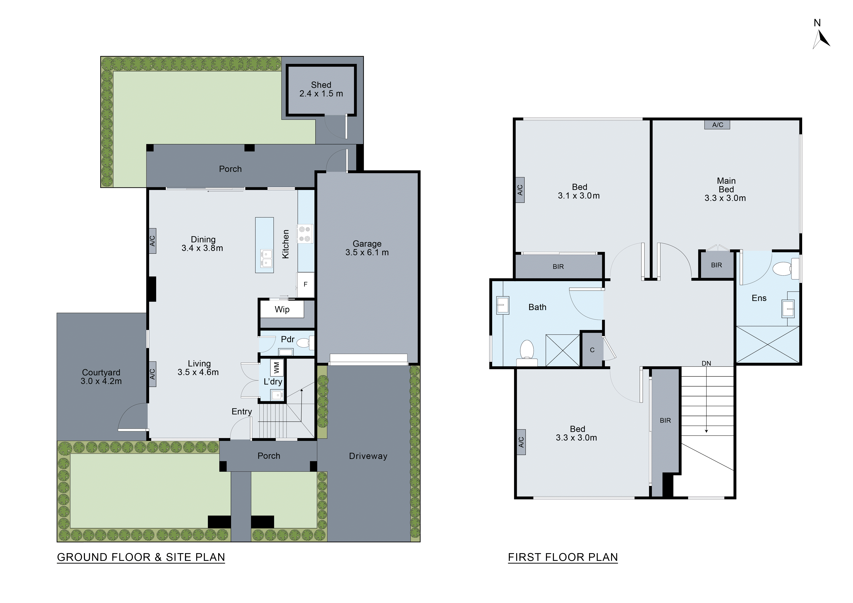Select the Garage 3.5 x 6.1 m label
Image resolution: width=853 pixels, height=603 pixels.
point(367,248)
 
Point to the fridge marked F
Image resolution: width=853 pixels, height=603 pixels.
point(305,284)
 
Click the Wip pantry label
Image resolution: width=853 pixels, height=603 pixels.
point(282,309)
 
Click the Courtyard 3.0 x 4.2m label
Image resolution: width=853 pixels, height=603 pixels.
point(101,376)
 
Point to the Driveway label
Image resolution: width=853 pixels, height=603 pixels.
point(368,456)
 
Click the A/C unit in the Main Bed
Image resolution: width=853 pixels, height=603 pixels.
point(717,125)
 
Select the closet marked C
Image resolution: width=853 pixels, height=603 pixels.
point(592,350)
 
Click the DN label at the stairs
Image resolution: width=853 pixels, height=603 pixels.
point(706,363)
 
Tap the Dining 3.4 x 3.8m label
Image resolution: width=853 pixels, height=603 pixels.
point(203,244)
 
